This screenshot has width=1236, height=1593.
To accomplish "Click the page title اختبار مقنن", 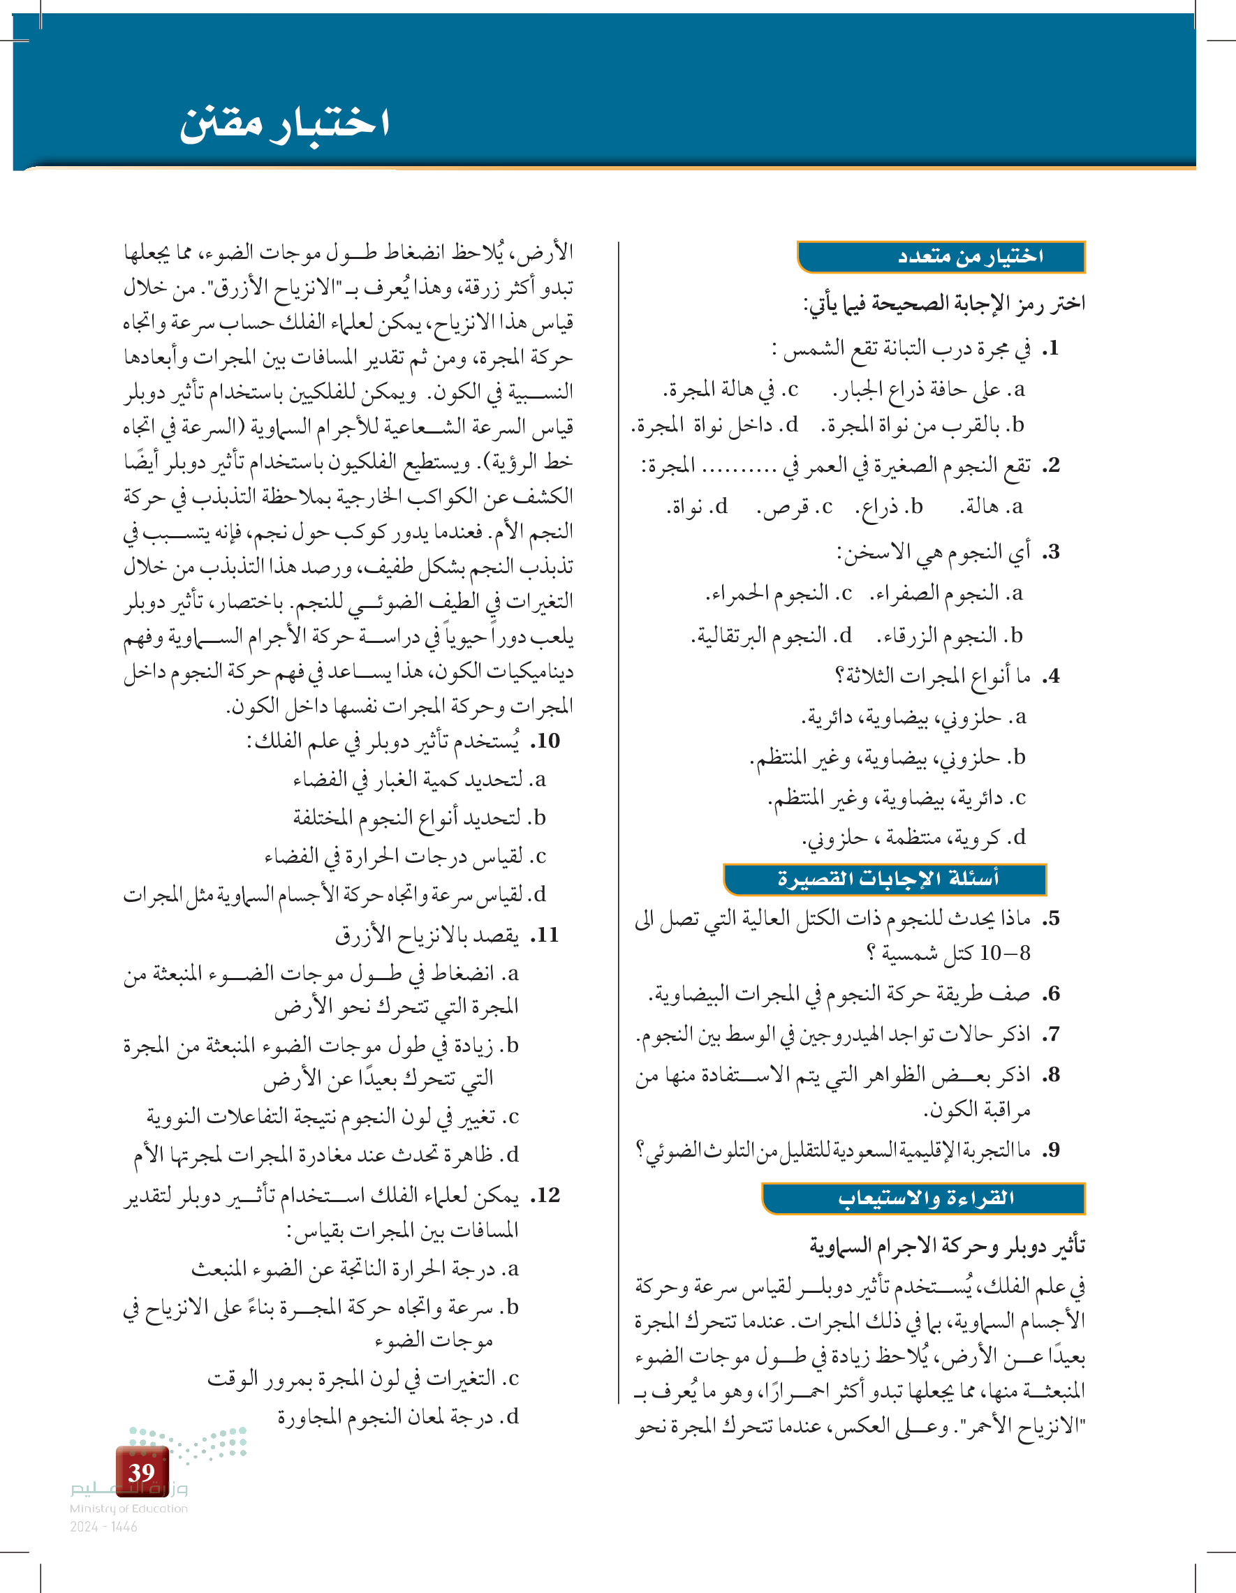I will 284,123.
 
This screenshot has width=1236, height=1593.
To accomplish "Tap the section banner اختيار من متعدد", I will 941,257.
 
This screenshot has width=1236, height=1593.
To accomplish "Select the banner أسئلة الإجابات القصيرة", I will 885,879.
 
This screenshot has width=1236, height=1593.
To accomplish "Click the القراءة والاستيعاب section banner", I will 925,1199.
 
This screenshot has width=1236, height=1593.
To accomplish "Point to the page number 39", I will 142,1472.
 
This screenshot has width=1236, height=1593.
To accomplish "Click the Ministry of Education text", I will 128,1509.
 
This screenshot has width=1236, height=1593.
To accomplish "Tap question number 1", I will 1050,349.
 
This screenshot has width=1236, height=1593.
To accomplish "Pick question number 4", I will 1050,677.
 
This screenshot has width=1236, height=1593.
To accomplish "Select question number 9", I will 1050,1150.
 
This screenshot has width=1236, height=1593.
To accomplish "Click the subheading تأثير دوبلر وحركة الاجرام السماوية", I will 946,1246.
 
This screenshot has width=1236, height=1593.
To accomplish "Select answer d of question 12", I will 397,1416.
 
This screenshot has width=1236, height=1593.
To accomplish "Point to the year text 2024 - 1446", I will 103,1527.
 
